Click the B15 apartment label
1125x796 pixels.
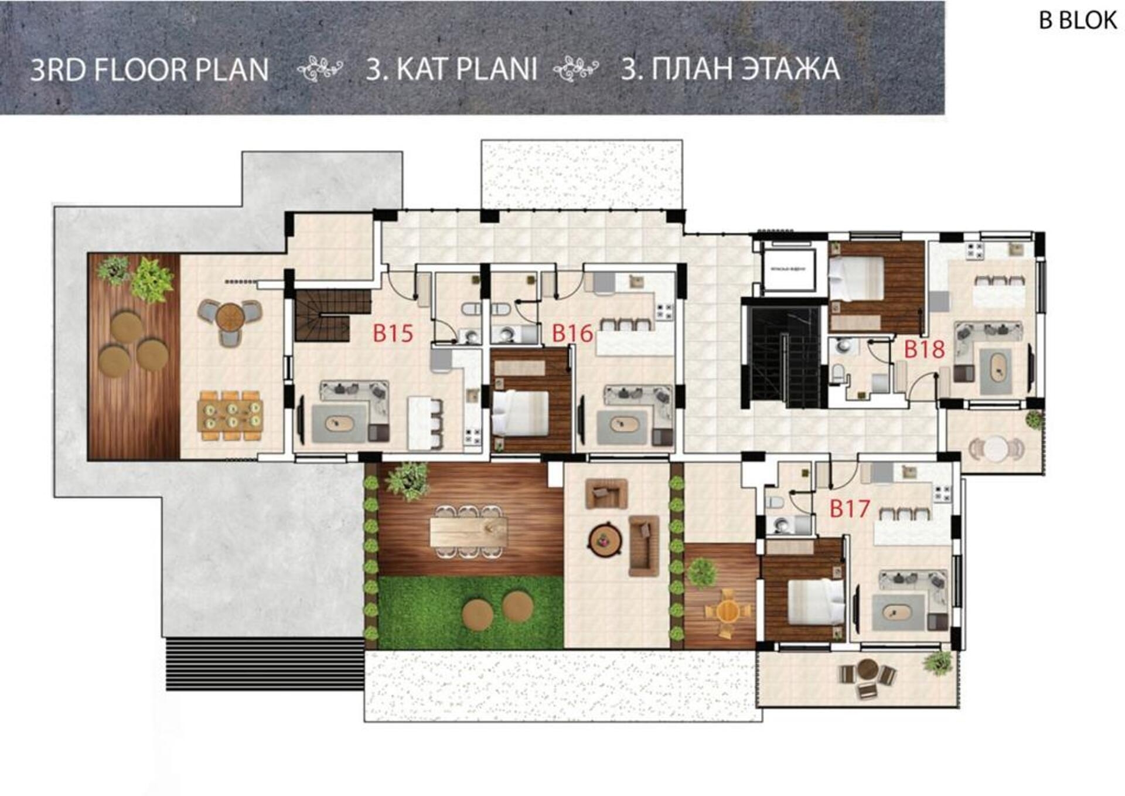[x=393, y=334]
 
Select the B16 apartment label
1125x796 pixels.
[x=572, y=334]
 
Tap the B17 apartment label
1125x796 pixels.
[x=850, y=509]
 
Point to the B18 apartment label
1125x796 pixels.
[x=924, y=349]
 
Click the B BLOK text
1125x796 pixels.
[x=1078, y=21]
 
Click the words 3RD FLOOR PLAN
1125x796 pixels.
[x=149, y=70]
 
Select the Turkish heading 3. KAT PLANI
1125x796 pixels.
[x=451, y=69]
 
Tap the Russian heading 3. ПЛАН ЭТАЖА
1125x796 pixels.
[x=730, y=69]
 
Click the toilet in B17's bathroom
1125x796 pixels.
[x=775, y=503]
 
